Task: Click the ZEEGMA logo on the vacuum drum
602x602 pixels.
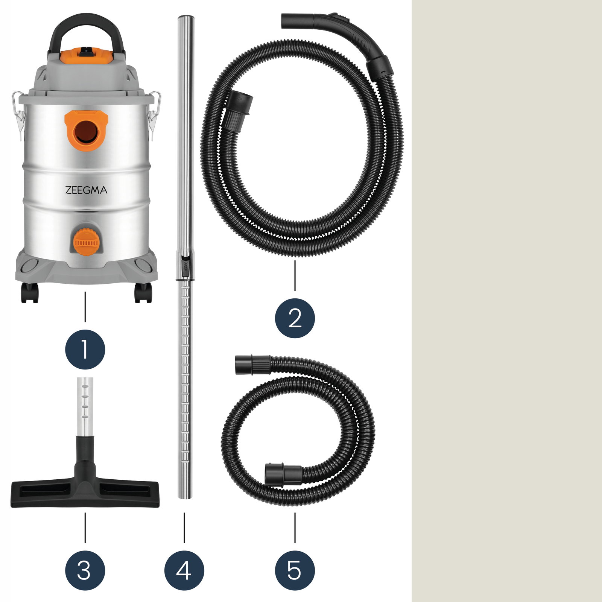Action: coord(86,190)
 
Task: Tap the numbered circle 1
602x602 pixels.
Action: coord(85,350)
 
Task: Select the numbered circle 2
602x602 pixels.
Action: coord(295,318)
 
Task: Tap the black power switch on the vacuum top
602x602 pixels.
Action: coord(87,52)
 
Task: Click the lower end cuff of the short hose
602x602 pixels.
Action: coord(283,475)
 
